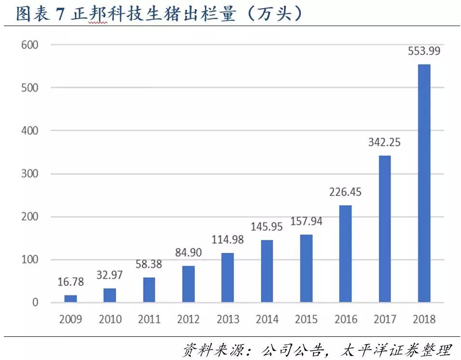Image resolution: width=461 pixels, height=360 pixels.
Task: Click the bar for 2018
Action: point(424,183)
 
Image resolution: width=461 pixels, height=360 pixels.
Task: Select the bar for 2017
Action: point(385,229)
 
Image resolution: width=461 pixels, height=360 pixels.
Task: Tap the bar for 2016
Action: point(345,254)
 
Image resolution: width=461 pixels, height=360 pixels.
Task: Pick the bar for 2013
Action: point(228,278)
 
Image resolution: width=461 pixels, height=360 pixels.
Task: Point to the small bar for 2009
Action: point(70,299)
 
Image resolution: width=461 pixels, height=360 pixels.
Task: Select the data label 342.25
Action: point(385,143)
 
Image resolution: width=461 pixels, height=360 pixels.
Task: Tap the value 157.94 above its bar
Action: point(306,222)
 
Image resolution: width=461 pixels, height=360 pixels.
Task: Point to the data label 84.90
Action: point(189,252)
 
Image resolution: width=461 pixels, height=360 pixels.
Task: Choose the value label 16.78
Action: point(70,282)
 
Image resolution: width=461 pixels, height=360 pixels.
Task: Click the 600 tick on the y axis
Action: point(29,45)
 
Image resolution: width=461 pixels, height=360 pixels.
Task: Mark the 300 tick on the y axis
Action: point(29,174)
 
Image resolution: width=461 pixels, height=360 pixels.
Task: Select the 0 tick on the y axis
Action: point(35,303)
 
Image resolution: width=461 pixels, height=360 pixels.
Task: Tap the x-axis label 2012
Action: point(189,319)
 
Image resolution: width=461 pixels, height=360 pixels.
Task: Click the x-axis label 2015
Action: point(306,319)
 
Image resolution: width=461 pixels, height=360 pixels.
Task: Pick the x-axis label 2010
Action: point(110,319)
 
